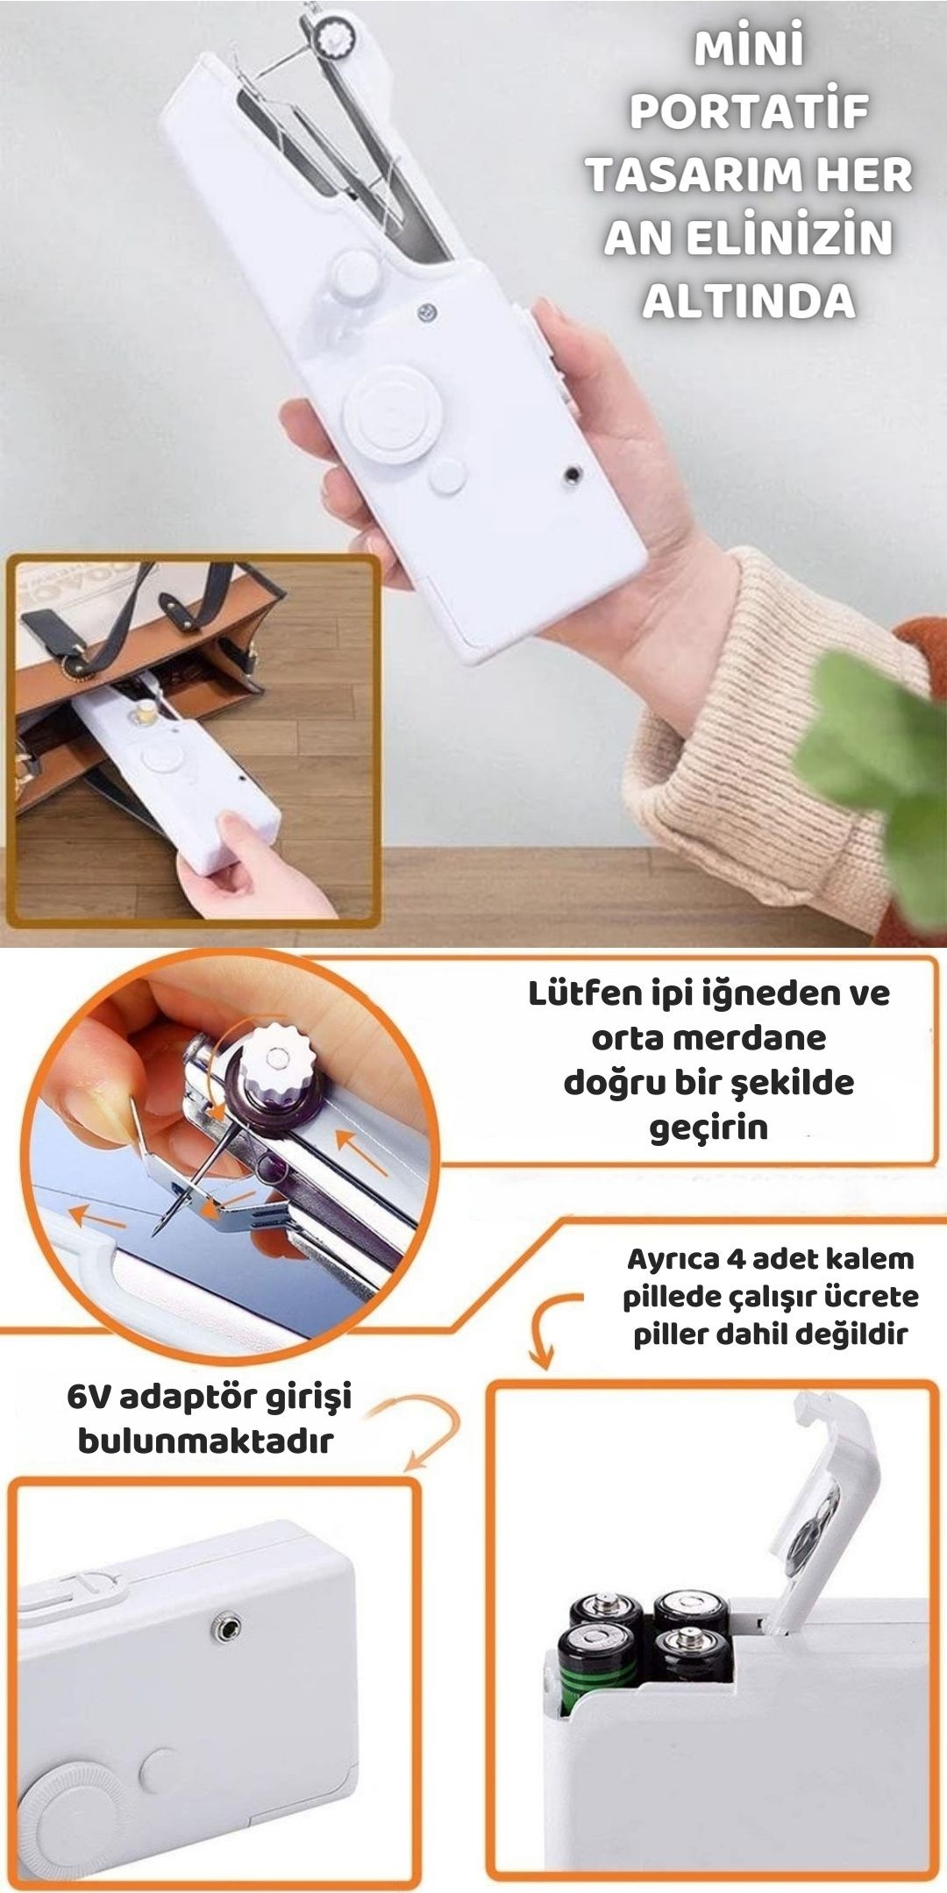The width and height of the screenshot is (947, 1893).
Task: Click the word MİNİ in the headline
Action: (749, 47)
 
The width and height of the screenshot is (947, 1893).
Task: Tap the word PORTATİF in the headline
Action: (749, 111)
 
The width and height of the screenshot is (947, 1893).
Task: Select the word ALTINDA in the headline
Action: (749, 301)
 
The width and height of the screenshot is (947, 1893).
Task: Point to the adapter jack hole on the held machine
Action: (573, 473)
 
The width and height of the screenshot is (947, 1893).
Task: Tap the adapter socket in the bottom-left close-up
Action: (227, 1628)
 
